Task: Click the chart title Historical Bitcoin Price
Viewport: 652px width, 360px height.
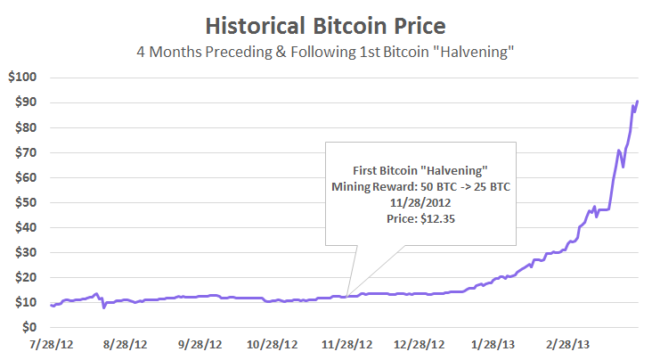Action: [325, 24]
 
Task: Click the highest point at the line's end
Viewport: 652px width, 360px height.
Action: [638, 101]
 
